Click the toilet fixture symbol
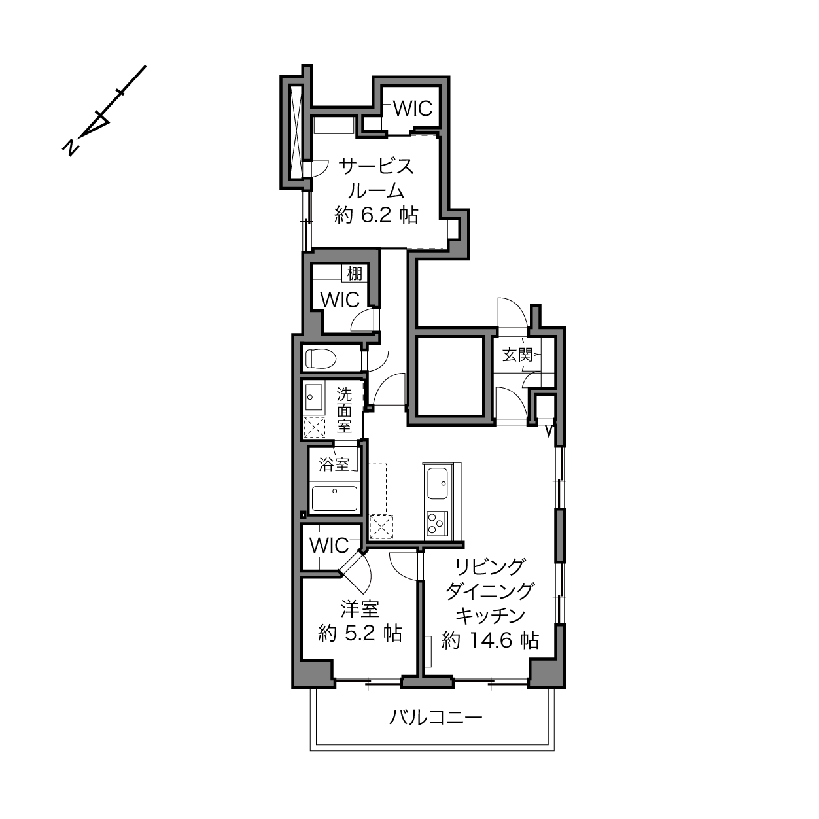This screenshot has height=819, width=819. (321, 359)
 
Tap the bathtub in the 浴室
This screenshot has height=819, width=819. (334, 498)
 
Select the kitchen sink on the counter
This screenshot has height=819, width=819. (438, 483)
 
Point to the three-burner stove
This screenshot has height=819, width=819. (438, 523)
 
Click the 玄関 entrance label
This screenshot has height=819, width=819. (517, 355)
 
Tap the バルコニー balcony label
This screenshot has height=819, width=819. (436, 718)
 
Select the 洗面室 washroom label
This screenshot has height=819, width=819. (344, 410)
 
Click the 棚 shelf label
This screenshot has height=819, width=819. (355, 273)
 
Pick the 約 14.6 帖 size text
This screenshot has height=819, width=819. (490, 640)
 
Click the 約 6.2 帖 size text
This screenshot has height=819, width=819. (377, 215)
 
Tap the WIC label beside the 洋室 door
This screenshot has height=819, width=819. (329, 546)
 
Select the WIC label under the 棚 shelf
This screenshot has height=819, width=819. (340, 300)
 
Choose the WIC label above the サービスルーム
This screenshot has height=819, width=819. (413, 109)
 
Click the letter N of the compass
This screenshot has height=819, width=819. (71, 147)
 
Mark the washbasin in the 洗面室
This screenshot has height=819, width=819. (313, 397)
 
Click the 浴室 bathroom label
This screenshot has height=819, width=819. (334, 464)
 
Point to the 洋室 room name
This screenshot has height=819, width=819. (360, 608)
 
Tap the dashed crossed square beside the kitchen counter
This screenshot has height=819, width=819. (381, 527)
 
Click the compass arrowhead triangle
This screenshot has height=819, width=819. (96, 125)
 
